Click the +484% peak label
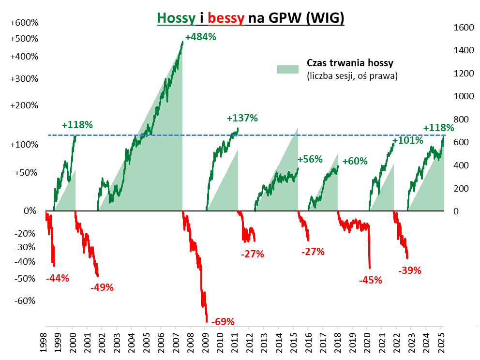[x=200, y=37]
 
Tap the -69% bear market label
[x=224, y=321]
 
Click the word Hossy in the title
[x=177, y=18]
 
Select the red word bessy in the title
[x=226, y=18]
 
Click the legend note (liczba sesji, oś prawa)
[x=352, y=76]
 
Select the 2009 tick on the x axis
[x=205, y=341]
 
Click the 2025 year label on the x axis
[x=441, y=341]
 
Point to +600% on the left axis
[x=24, y=23]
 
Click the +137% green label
[x=242, y=118]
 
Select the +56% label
[x=310, y=159]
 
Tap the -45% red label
[x=371, y=280]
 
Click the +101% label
[x=407, y=141]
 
